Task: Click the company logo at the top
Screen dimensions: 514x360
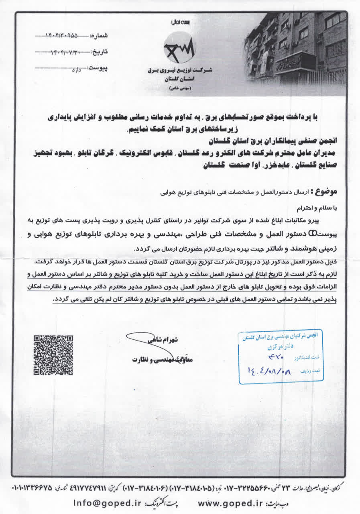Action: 179,47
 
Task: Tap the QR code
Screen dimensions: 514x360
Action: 53,355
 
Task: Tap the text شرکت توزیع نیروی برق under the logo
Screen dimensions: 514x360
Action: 179,71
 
